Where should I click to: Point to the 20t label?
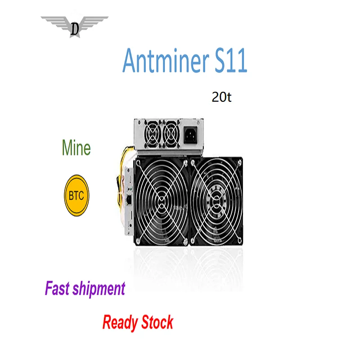(x=221, y=97)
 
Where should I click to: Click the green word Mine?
(x=76, y=148)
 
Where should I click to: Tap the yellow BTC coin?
(x=77, y=197)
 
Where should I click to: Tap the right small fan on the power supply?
(x=171, y=133)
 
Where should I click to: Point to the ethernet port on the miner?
(x=129, y=200)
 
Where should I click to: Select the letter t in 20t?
(x=229, y=97)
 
